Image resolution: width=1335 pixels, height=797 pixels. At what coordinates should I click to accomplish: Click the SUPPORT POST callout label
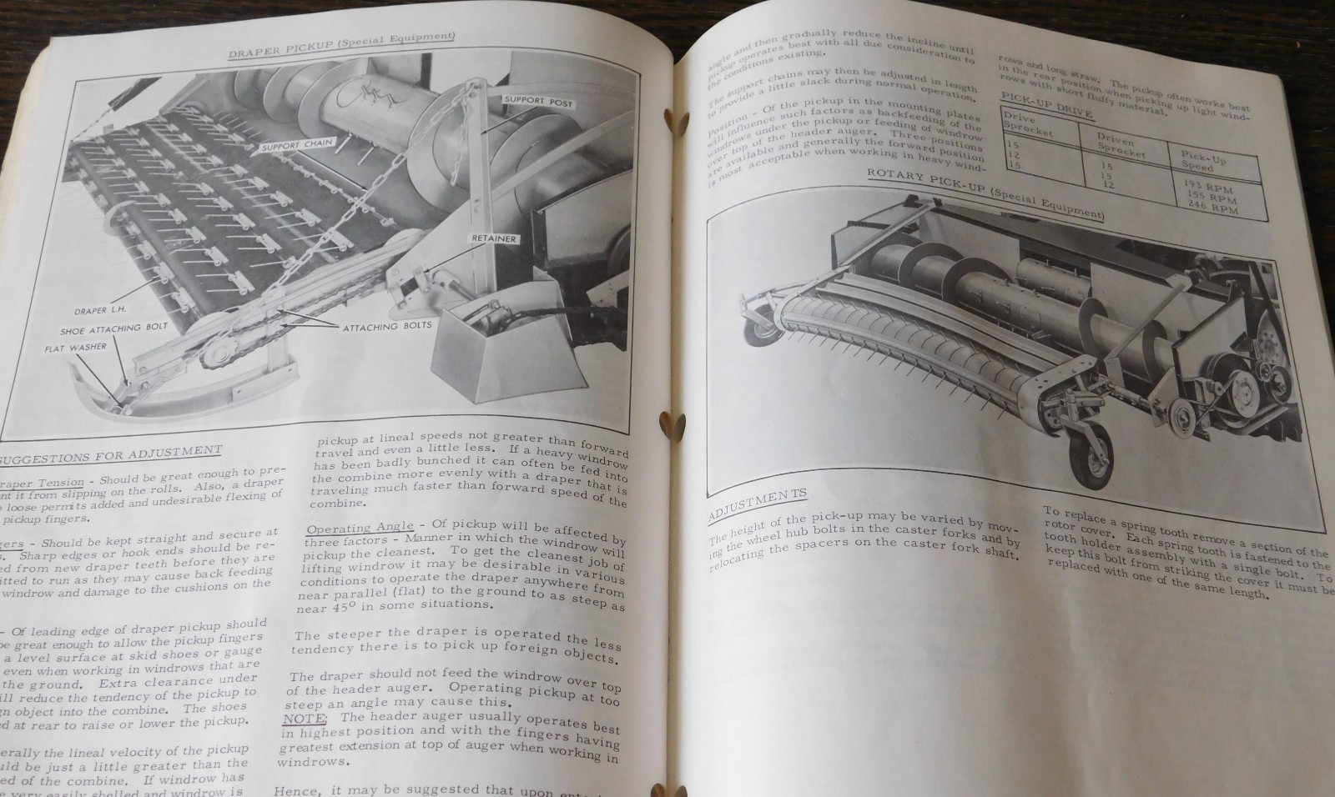tap(535, 101)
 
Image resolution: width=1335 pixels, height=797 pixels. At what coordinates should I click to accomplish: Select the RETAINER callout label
tap(493, 239)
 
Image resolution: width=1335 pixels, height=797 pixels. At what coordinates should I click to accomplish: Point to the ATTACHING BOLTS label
tap(387, 326)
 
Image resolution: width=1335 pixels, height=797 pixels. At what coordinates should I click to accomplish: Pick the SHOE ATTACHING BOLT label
tap(113, 328)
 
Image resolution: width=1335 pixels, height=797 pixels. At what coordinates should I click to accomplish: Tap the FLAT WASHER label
tap(76, 347)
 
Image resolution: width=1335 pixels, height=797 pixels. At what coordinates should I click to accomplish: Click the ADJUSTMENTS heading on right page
tap(757, 505)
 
